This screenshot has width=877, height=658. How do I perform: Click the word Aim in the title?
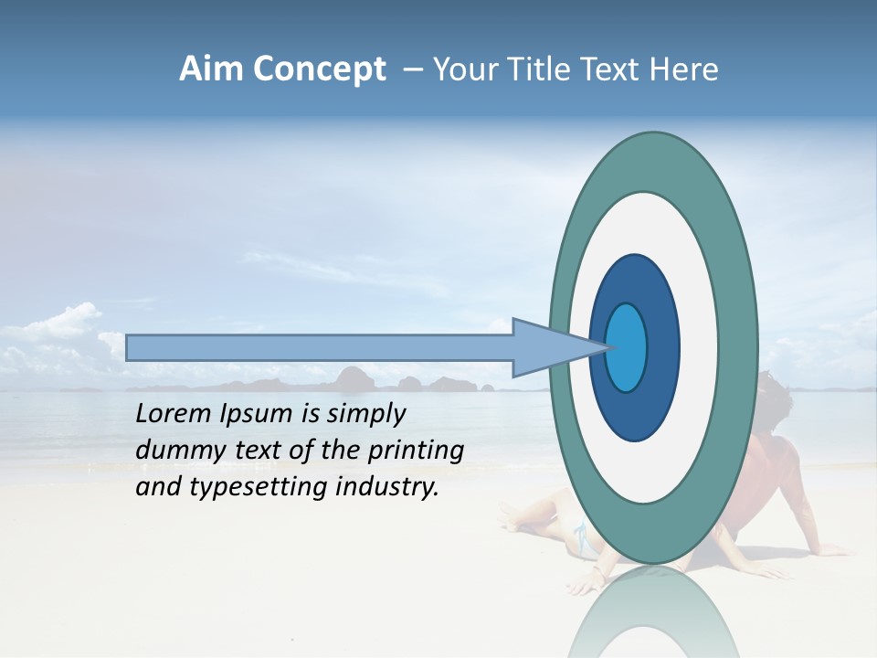click(x=211, y=69)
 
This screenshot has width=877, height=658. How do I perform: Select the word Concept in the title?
click(x=319, y=70)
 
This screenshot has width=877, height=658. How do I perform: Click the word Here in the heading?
click(x=684, y=69)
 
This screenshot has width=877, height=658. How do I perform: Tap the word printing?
click(x=417, y=451)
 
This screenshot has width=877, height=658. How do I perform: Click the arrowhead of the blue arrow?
click(x=548, y=347)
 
